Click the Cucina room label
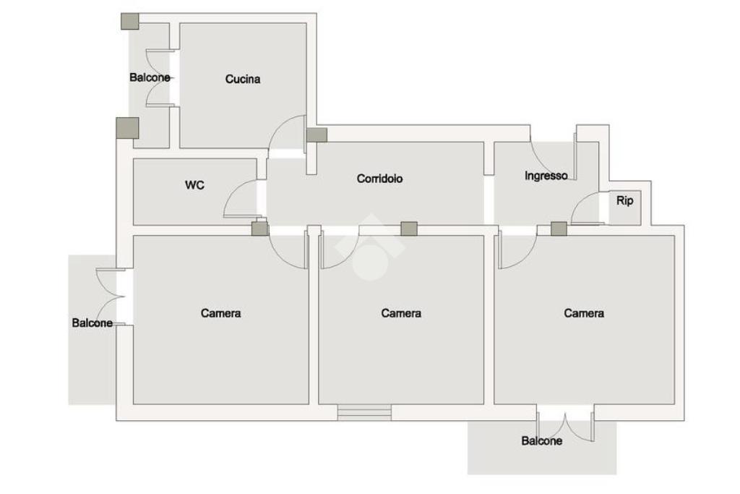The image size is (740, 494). (243, 79)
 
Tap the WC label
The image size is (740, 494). (194, 185)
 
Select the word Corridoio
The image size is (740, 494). (379, 179)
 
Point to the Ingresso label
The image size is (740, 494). (546, 176)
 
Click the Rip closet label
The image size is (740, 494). (624, 200)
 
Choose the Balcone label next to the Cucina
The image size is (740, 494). (150, 77)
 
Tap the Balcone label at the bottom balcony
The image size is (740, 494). (541, 440)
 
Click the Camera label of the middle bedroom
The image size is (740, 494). (401, 313)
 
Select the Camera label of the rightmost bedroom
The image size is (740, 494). (584, 313)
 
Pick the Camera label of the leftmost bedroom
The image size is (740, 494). (220, 313)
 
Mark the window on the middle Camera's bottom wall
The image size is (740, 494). (364, 412)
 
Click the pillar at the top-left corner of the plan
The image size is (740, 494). (130, 21)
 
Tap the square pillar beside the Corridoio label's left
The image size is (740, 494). (317, 135)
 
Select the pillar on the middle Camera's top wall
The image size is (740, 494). (409, 229)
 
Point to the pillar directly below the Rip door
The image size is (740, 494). (559, 229)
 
